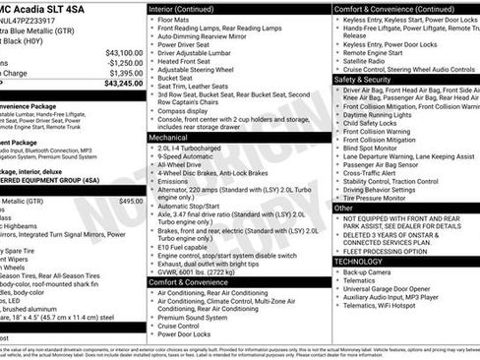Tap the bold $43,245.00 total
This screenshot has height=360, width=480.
coord(122,84)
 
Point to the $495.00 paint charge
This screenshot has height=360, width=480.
coord(131,201)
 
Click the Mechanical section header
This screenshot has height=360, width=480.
coord(168,139)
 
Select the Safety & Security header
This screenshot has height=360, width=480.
coord(363,79)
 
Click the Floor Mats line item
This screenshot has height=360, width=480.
coord(174,19)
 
